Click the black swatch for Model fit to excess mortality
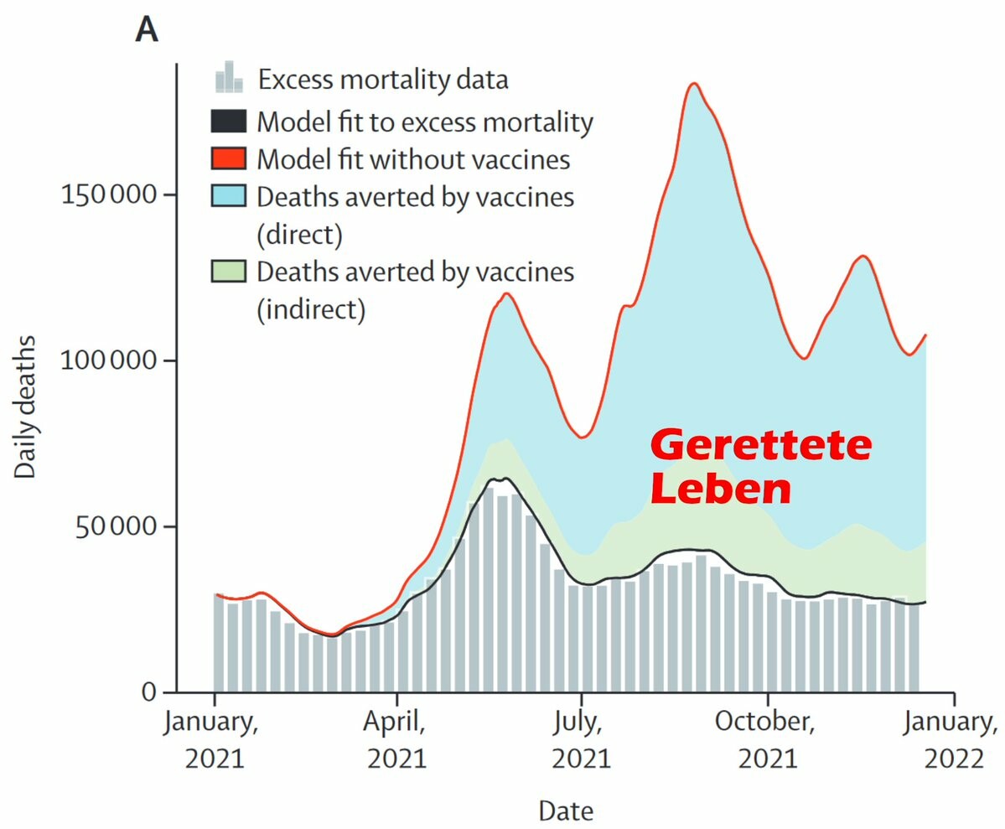tap(229, 122)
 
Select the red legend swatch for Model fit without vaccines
tap(229, 158)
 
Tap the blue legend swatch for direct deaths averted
tap(229, 196)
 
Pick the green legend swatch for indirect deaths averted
tap(229, 272)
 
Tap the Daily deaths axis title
tap(26, 407)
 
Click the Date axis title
tap(566, 811)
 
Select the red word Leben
tap(721, 490)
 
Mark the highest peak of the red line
tap(693, 83)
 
